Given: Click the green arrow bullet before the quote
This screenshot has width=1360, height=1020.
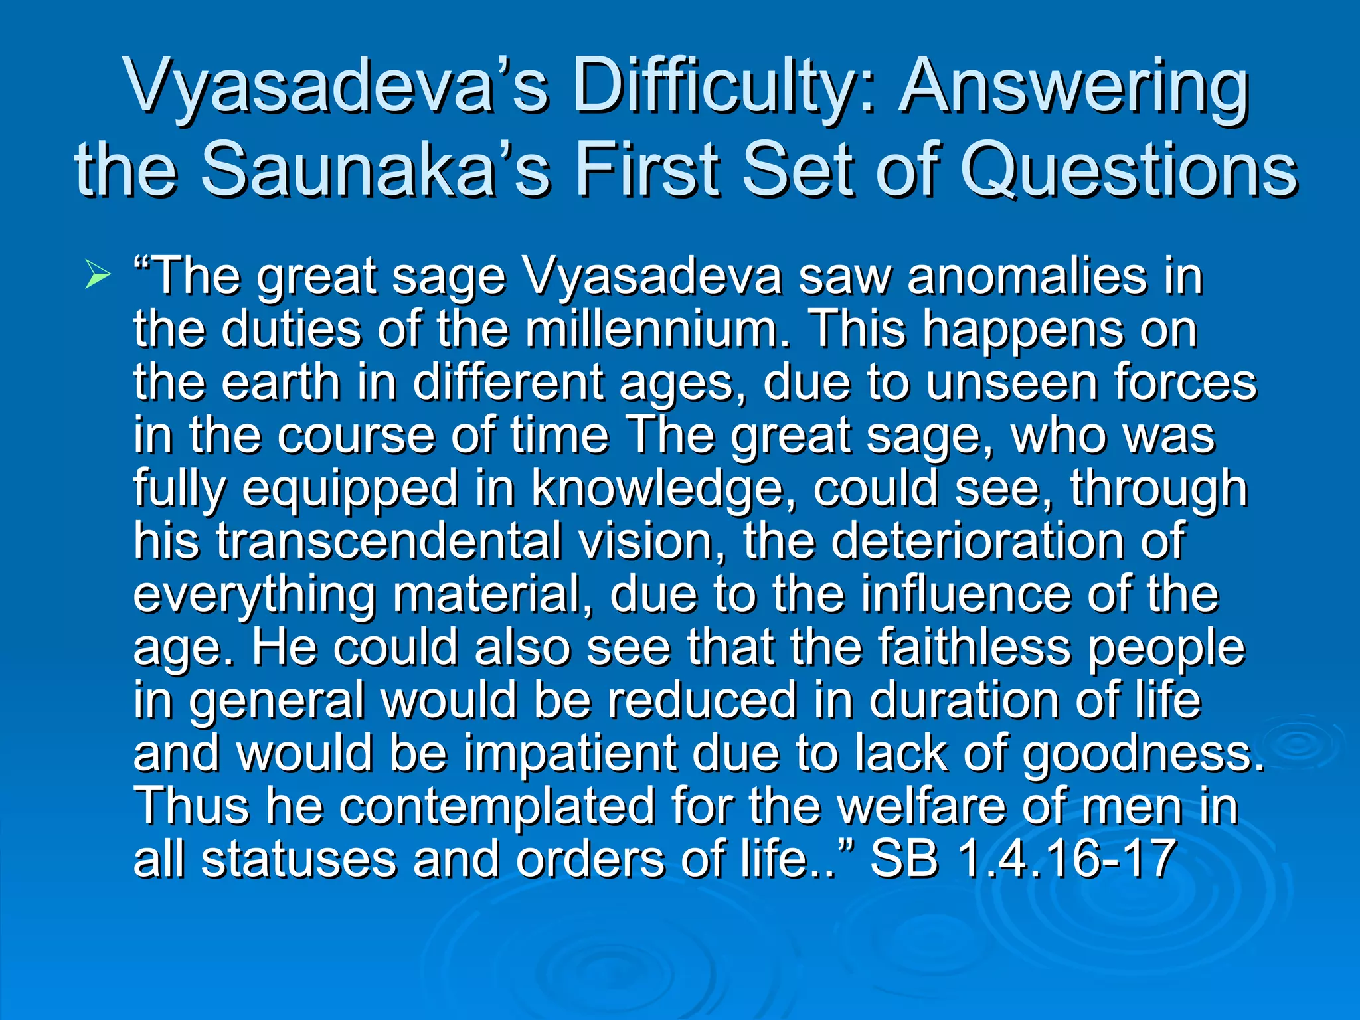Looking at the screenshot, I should (98, 276).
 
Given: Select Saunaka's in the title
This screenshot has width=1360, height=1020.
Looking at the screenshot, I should (375, 170).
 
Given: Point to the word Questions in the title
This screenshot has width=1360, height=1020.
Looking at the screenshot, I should (1128, 170).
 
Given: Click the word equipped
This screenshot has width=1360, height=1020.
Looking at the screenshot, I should (349, 489).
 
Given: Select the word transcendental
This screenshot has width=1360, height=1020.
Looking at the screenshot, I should (389, 541).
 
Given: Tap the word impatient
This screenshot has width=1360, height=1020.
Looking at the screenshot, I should (569, 754).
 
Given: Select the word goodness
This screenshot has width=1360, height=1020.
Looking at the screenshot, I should (1142, 754).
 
